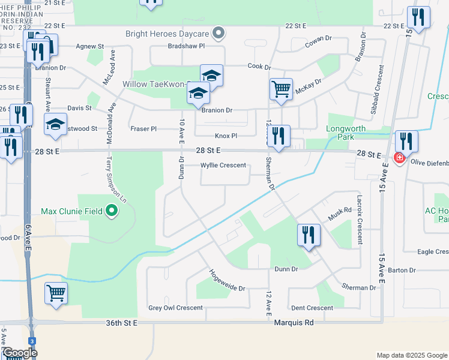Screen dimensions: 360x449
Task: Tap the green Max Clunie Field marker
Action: coord(111,211)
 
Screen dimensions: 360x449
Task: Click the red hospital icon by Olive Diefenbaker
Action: coord(399,158)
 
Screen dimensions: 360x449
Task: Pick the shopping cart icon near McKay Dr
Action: coord(281,89)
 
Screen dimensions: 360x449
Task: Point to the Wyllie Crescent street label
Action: coord(223,165)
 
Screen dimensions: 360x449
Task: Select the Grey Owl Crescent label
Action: coord(175,308)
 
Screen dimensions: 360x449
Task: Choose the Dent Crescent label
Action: coord(312,308)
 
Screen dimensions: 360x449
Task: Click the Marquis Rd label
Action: coord(294,323)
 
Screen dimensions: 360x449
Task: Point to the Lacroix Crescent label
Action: coord(360,220)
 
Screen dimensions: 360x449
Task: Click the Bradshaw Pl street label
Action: coord(187,46)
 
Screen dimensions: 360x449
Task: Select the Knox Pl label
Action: coord(226,136)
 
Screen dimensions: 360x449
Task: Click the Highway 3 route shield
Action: coord(31,340)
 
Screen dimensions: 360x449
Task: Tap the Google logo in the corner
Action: coord(19,353)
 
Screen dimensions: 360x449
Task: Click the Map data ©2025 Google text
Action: coord(411,355)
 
